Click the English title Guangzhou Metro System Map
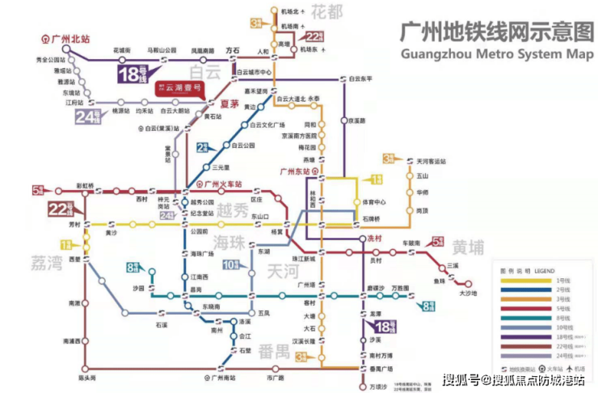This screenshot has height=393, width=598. (494, 53)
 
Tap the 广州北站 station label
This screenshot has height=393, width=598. (68, 38)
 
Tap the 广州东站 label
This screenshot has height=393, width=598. (296, 171)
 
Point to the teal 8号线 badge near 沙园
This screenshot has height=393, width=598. (134, 268)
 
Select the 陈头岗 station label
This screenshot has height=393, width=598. (86, 378)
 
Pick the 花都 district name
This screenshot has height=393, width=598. (327, 12)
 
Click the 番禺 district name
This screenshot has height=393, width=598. (272, 350)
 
